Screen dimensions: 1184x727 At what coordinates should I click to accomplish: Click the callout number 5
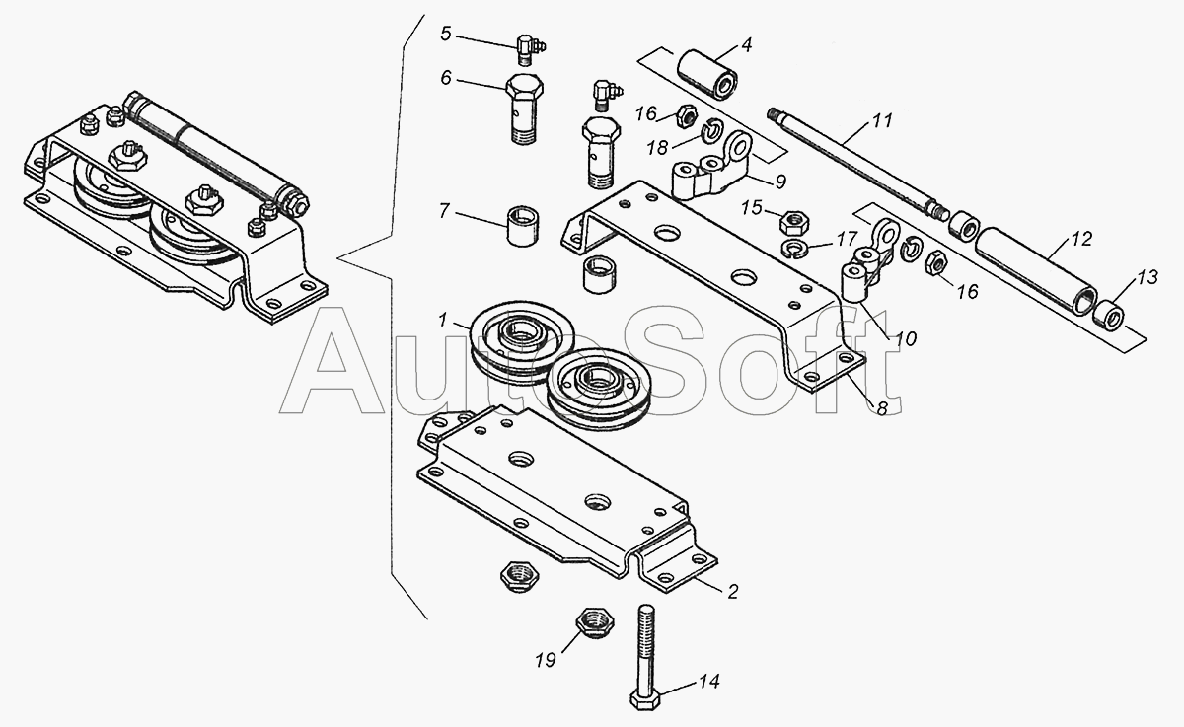446,34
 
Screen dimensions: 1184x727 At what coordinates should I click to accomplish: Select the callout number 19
545,660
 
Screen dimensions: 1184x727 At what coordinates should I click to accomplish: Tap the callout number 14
708,682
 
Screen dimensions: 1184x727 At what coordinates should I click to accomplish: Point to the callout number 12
1081,239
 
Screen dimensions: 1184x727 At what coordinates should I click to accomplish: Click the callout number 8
882,408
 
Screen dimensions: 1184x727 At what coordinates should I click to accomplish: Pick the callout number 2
732,592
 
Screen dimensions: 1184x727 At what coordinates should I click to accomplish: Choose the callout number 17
846,239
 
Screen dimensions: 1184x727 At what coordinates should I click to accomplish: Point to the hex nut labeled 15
794,223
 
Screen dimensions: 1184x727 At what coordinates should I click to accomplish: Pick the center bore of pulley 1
520,335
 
